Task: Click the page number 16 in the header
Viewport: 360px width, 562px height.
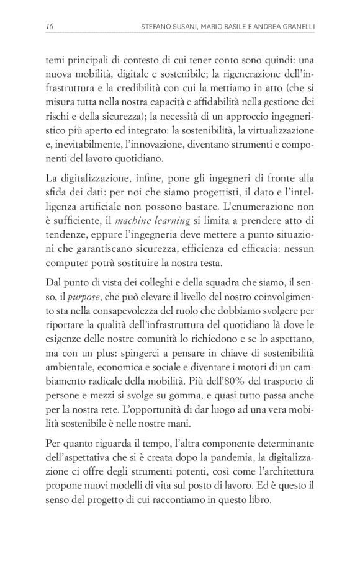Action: pyautogui.click(x=49, y=26)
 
